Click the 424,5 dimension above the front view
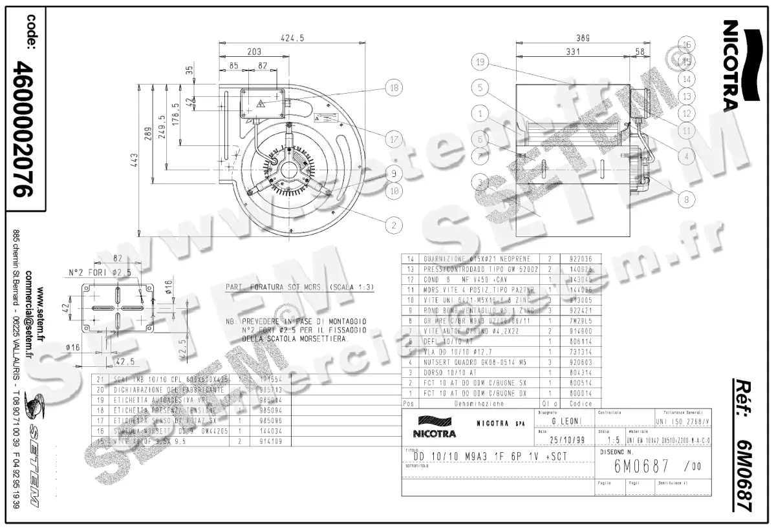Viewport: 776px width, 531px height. pos(292,38)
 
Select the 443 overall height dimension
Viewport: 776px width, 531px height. pos(133,160)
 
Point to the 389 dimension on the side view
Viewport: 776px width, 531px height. pos(583,38)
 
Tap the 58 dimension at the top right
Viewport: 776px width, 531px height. pos(640,51)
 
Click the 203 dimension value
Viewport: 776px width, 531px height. pos(253,51)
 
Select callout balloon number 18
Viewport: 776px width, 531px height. pos(393,88)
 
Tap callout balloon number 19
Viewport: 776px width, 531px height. pos(479,63)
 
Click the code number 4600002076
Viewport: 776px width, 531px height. pos(25,129)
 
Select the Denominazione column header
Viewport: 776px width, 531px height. pos(478,403)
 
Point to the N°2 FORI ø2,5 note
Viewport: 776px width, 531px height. pos(100,272)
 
